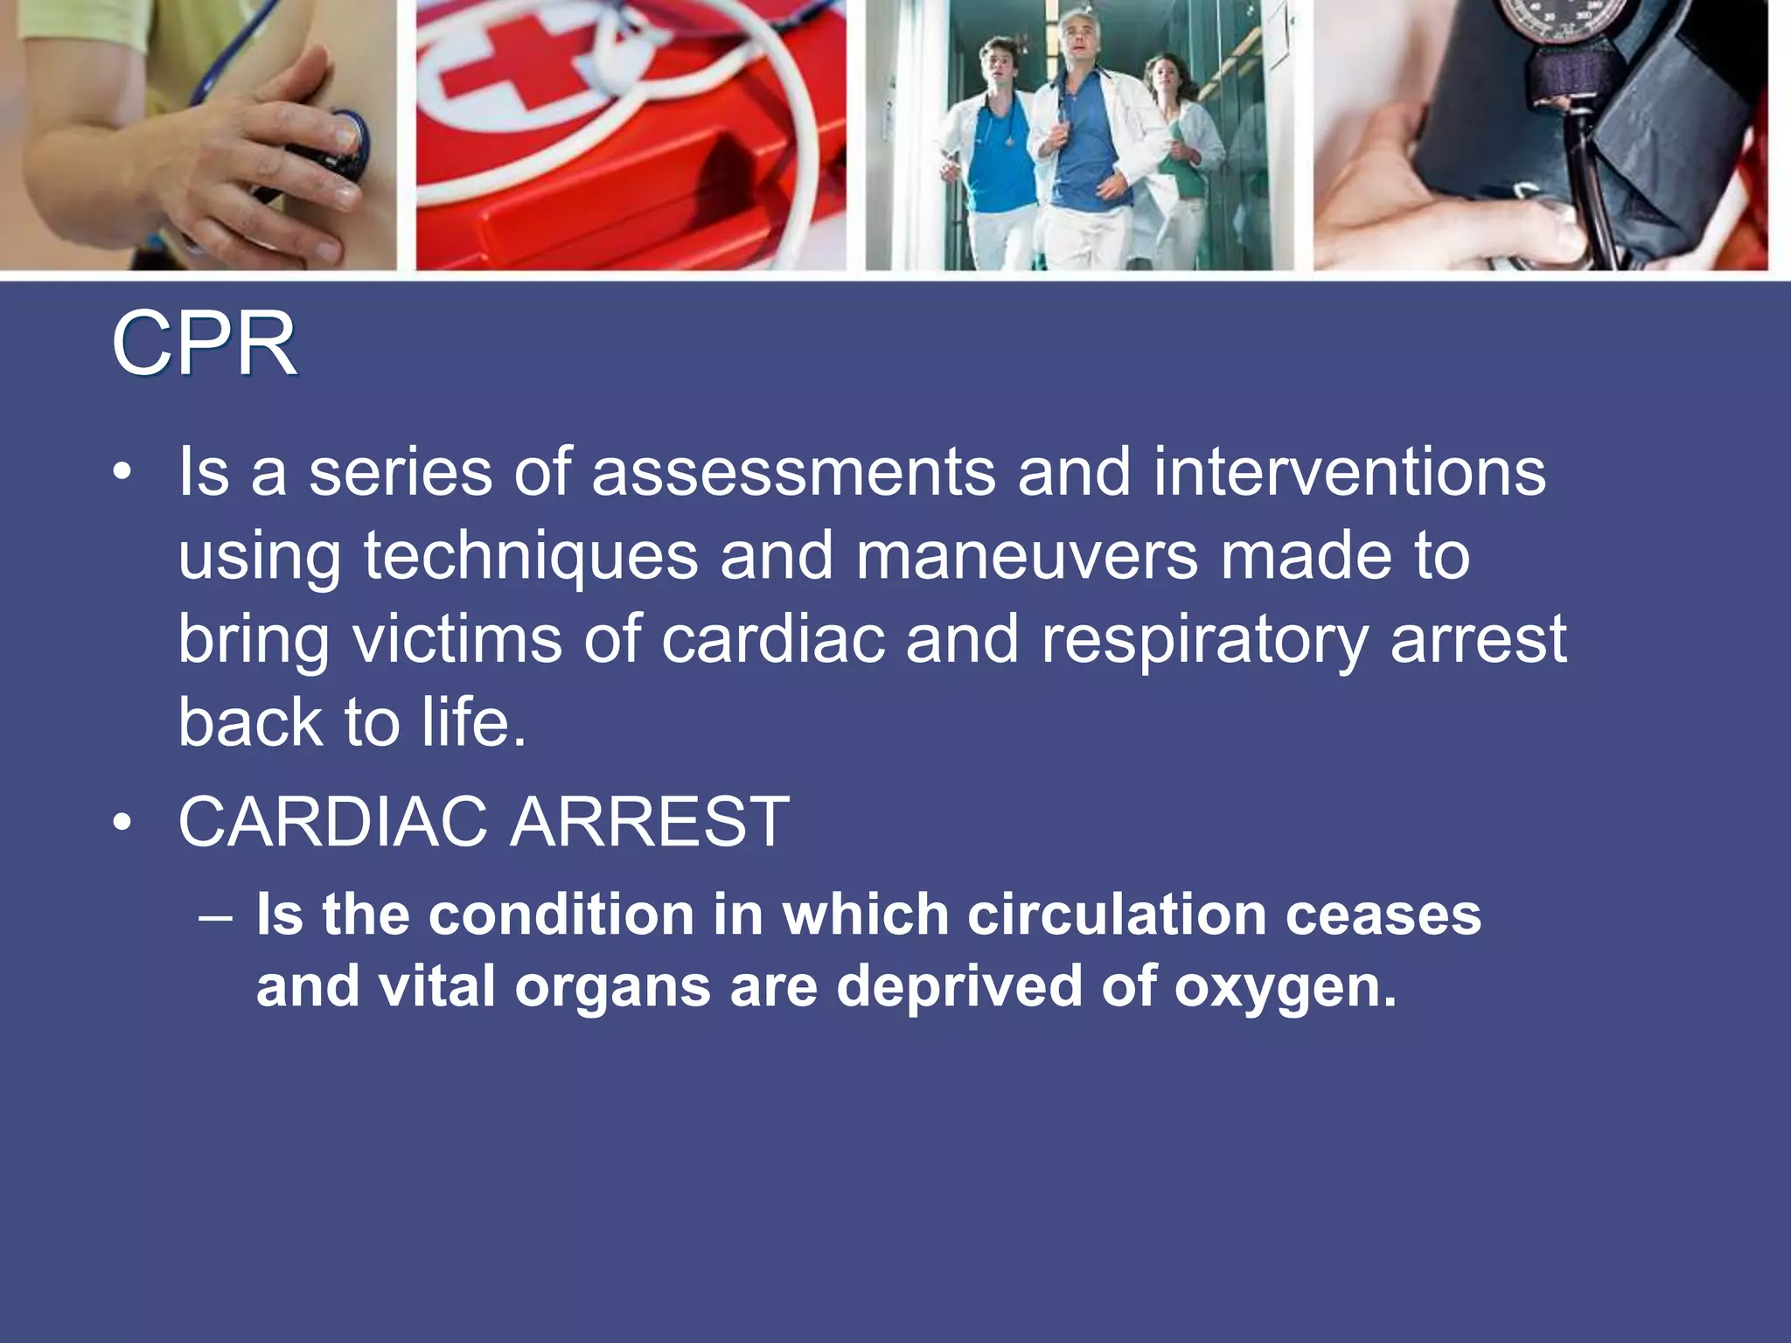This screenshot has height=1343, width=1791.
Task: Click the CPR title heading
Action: [x=204, y=345]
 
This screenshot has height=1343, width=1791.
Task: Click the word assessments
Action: [x=793, y=473]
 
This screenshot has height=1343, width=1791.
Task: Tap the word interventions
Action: [x=1348, y=473]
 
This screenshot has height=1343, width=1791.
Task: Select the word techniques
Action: [x=531, y=557]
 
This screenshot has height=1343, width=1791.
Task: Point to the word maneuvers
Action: [x=1027, y=555]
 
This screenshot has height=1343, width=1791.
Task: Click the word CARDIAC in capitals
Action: [x=333, y=822]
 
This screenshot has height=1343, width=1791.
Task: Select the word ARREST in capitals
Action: [x=650, y=822]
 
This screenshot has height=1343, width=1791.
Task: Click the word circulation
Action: [x=1117, y=915]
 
